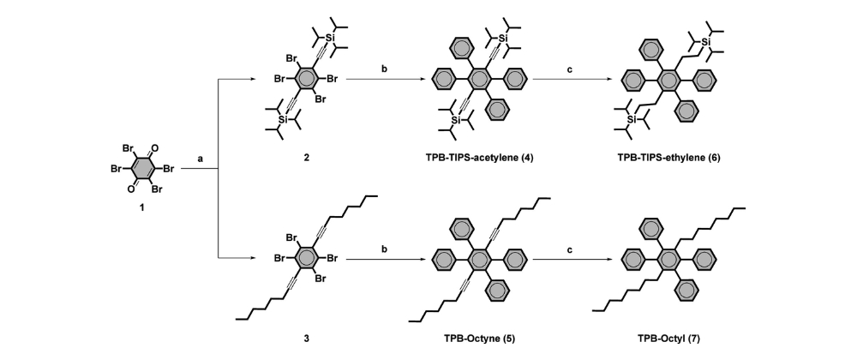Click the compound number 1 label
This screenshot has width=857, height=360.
[142, 208]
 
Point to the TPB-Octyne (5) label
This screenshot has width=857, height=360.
[479, 339]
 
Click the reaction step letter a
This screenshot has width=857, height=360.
[200, 159]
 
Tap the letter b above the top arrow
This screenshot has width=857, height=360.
[384, 69]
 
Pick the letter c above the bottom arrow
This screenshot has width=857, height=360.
[570, 249]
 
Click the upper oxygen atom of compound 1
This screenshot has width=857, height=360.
[154, 148]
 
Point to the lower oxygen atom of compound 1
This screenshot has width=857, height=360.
[130, 189]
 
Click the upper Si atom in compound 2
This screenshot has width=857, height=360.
[330, 38]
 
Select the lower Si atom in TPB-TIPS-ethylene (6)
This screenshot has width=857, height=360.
[632, 119]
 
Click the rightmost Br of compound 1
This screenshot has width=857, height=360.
[167, 169]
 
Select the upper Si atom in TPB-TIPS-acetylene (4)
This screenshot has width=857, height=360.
[503, 38]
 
